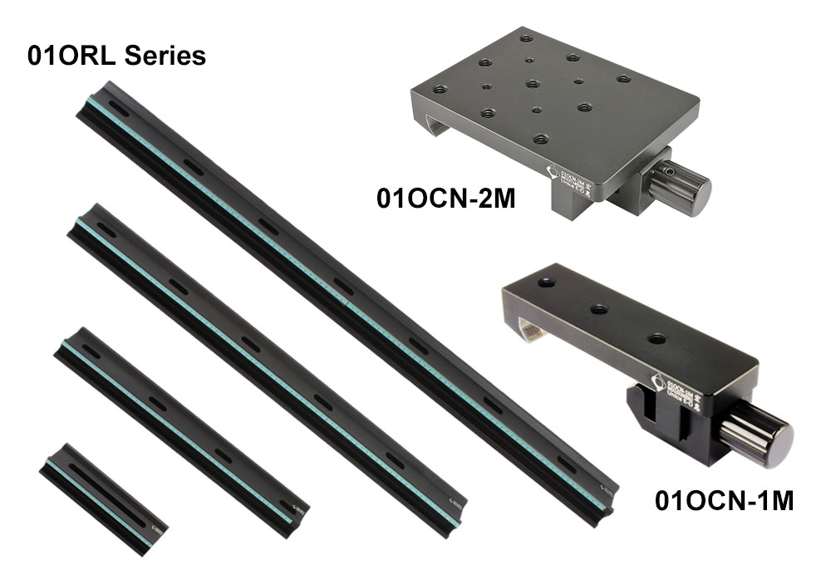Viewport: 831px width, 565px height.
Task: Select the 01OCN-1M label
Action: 724,501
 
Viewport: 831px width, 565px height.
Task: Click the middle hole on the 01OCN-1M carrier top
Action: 599,309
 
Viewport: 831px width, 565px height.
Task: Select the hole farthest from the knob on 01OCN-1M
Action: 546,282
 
